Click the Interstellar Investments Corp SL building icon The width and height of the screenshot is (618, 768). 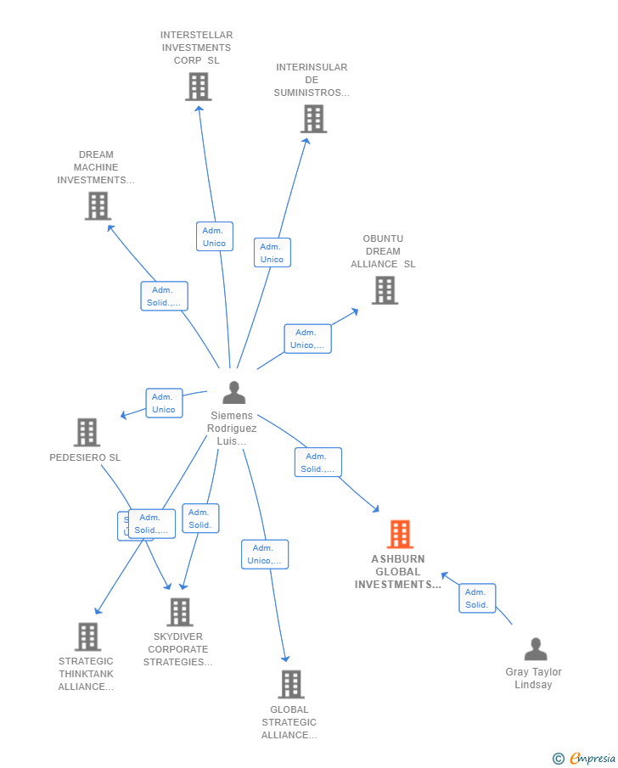pyautogui.click(x=198, y=87)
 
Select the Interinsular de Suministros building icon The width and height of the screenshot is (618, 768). pyautogui.click(x=313, y=119)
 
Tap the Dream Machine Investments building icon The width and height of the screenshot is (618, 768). pyautogui.click(x=98, y=205)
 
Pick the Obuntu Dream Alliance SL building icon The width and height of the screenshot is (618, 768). pyautogui.click(x=385, y=290)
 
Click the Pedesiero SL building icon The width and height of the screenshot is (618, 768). pyautogui.click(x=87, y=432)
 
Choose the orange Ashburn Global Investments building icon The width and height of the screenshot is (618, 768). pyautogui.click(x=400, y=534)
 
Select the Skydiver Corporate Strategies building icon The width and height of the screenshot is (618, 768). pyautogui.click(x=179, y=612)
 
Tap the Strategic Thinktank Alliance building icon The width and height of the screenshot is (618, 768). pyautogui.click(x=87, y=636)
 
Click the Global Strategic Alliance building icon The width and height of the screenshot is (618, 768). pyautogui.click(x=290, y=684)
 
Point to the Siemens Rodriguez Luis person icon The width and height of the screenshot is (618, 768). pyautogui.click(x=233, y=392)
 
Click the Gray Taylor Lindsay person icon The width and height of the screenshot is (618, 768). pyautogui.click(x=536, y=649)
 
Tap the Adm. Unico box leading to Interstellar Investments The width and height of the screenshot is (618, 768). pyautogui.click(x=214, y=237)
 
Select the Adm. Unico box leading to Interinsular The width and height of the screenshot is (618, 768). pyautogui.click(x=272, y=253)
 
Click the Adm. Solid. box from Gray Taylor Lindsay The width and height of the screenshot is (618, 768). pyautogui.click(x=476, y=598)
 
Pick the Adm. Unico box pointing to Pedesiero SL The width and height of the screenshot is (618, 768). pyautogui.click(x=164, y=403)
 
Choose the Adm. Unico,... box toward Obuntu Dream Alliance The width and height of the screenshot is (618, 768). pyautogui.click(x=307, y=339)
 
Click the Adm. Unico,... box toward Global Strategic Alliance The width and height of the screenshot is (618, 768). pyautogui.click(x=264, y=554)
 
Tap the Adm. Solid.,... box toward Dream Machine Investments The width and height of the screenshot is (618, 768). pyautogui.click(x=164, y=296)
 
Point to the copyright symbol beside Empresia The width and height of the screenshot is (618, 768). pyautogui.click(x=559, y=759)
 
